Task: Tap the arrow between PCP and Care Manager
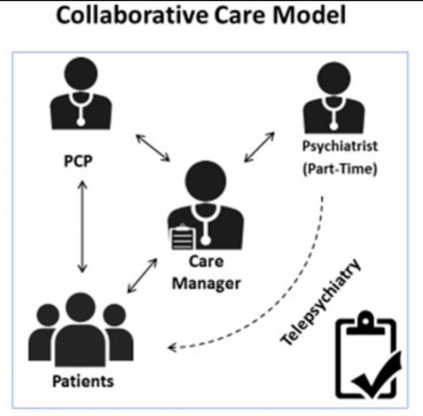pyautogui.click(x=153, y=147)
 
